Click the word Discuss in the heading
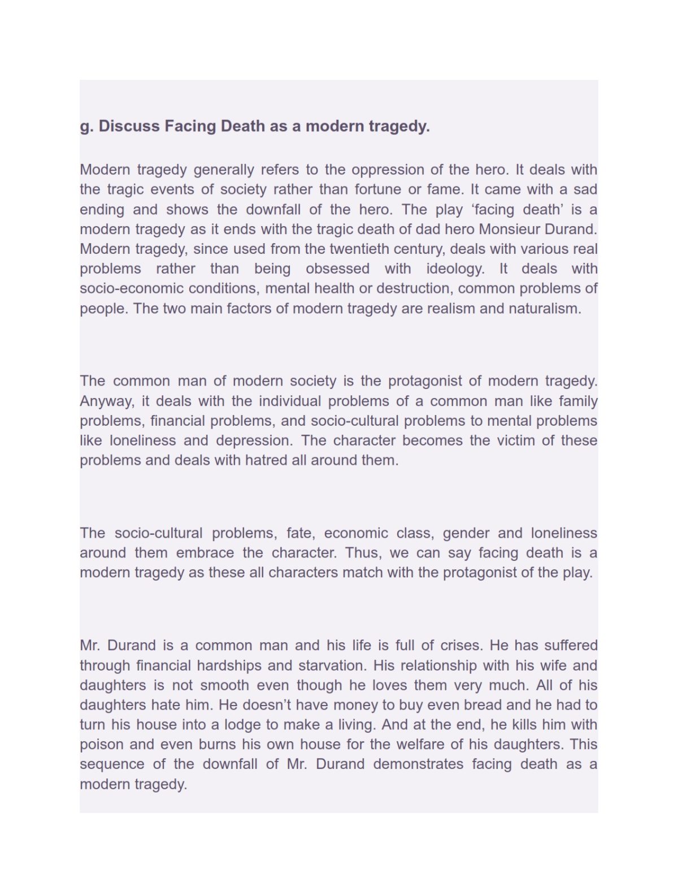[129, 126]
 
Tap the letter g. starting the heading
[86, 127]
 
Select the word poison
[99, 745]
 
